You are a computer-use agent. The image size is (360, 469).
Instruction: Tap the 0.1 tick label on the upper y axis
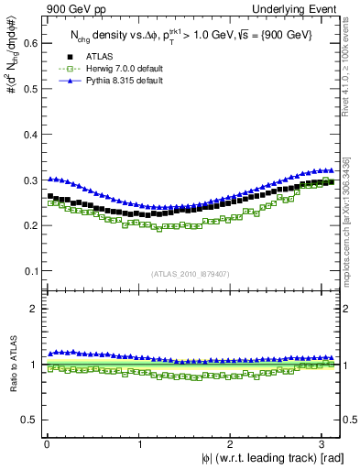tap(28, 271)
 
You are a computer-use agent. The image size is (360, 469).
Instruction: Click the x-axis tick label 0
tap(47, 445)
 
